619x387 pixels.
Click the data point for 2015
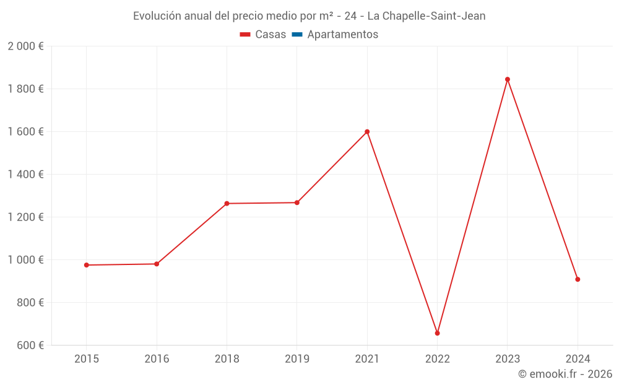87,265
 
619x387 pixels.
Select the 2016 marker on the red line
157,264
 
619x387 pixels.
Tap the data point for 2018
227,203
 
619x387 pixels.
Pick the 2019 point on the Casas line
297,202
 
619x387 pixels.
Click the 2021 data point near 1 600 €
367,132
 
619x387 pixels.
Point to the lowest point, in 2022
437,333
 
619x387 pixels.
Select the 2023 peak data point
508,79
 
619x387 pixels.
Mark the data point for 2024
578,279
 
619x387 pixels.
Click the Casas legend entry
263,35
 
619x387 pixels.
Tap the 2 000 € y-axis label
25,46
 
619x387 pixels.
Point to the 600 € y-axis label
30,346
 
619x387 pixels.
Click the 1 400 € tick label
25,175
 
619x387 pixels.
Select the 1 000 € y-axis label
25,260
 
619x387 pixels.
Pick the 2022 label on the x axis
437,359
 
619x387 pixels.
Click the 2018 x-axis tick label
227,359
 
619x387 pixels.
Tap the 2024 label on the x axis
578,359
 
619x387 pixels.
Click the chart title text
309,16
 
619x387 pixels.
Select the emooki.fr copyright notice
565,373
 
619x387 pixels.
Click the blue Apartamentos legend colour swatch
297,35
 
